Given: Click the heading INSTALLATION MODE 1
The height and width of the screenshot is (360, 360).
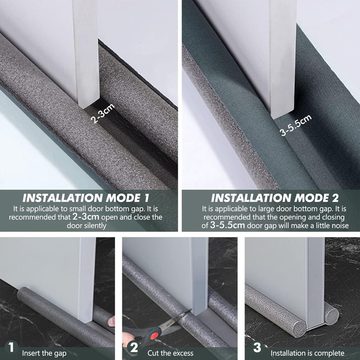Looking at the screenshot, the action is pyautogui.click(x=86, y=198).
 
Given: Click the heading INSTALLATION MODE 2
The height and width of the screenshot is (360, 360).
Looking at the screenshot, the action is pyautogui.click(x=274, y=198).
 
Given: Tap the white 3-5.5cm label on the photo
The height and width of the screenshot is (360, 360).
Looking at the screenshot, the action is pyautogui.click(x=295, y=125).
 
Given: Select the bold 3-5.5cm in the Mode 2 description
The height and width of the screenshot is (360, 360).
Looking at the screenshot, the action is pyautogui.click(x=227, y=225).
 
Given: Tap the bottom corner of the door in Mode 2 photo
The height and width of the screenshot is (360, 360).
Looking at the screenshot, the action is pyautogui.click(x=274, y=118).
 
